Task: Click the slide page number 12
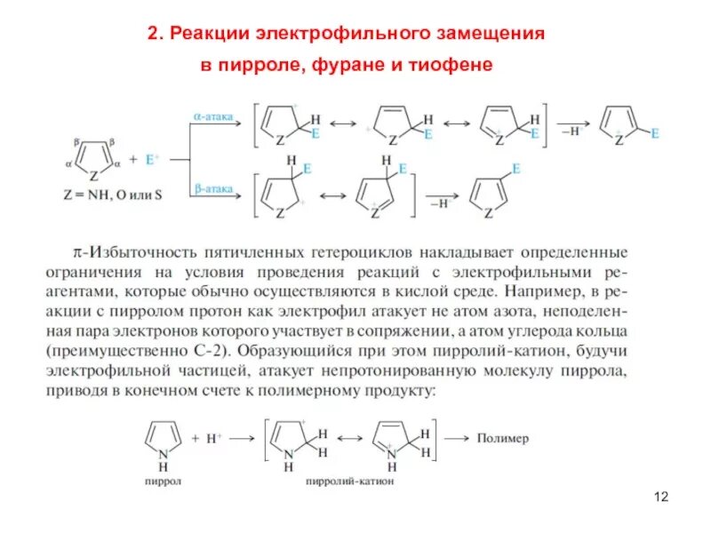pos(660,496)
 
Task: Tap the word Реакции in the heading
pos(212,35)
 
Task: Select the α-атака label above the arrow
pos(213,115)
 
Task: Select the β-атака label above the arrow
pos(213,188)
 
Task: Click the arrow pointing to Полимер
pos(458,439)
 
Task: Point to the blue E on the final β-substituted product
pos(516,167)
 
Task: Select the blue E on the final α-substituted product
pos(655,133)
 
